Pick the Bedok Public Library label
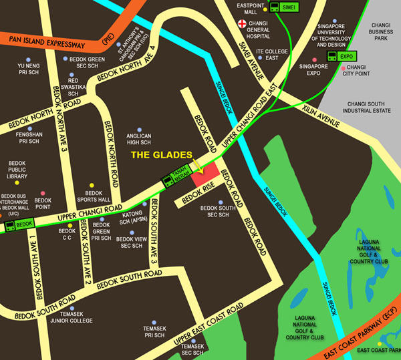pos(17,170)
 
